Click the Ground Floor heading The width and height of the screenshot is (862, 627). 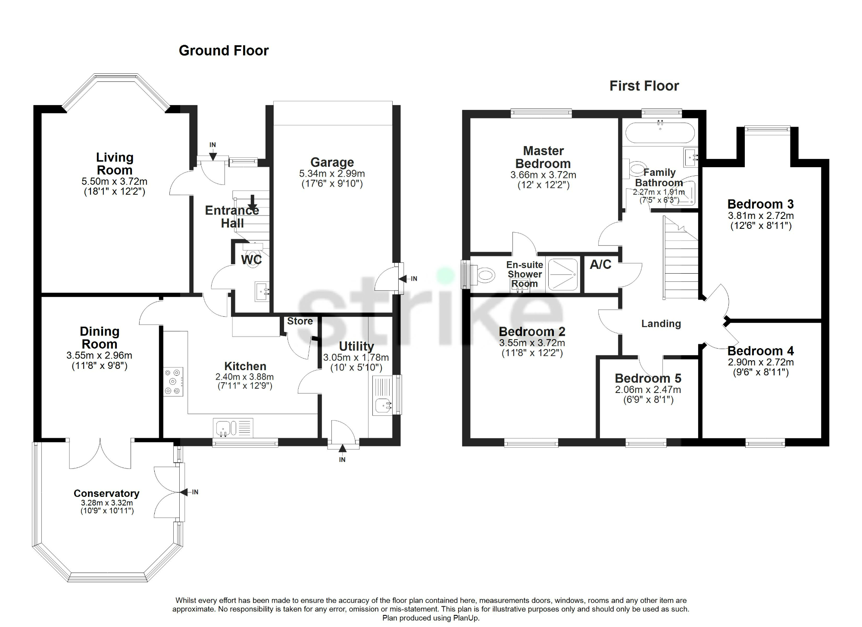[223, 51]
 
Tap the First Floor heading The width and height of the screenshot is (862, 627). [644, 86]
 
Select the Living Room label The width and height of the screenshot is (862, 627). [114, 164]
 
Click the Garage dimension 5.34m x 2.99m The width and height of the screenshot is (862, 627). [332, 174]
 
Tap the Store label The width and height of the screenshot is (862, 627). [300, 321]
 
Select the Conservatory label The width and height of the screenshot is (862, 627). [106, 493]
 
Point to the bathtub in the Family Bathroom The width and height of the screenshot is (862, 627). [660, 133]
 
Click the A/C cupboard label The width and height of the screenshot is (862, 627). [600, 265]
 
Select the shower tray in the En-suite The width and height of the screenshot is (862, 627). [563, 274]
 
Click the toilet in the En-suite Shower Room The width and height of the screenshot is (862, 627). [484, 275]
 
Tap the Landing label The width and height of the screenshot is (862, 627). [661, 324]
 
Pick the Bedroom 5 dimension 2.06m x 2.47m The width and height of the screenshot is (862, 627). [648, 390]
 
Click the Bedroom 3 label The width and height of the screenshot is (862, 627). [760, 204]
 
